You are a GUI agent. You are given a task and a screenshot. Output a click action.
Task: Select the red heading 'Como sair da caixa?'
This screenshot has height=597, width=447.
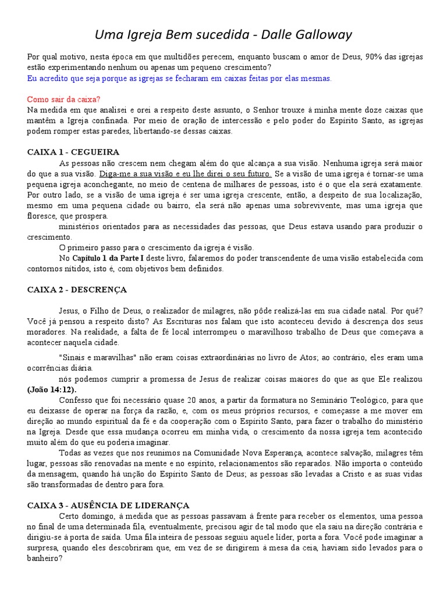pos(68,100)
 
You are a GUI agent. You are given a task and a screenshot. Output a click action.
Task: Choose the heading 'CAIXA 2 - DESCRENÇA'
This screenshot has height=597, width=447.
pos(76,289)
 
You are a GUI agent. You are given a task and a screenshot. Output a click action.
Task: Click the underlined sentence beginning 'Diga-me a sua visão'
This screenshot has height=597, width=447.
pos(185,174)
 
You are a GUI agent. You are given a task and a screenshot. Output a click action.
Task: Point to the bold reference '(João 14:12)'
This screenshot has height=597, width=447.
pos(51,389)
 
